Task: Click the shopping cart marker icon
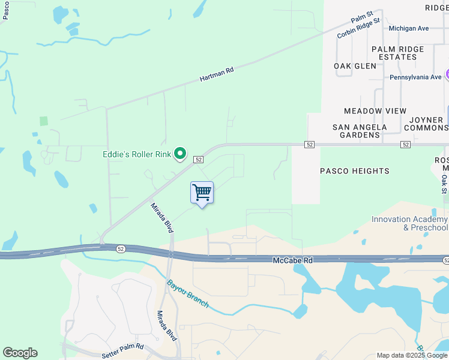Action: point(202,193)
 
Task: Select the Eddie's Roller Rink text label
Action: point(137,154)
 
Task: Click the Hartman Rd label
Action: point(216,75)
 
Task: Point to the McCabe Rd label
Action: point(293,260)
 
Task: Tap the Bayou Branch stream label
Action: point(187,293)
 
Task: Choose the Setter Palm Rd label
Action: point(123,347)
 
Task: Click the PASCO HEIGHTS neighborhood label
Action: point(355,171)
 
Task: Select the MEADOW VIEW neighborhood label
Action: point(375,111)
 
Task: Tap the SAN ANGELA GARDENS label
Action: point(360,131)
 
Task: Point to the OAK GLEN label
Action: point(355,66)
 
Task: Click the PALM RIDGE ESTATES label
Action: point(397,53)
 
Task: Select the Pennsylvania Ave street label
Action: point(415,77)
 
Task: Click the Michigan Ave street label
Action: point(409,28)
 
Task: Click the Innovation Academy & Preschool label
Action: point(410,224)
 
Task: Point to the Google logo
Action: point(20,353)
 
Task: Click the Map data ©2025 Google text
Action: point(412,355)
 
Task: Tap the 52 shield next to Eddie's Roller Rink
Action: point(199,159)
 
